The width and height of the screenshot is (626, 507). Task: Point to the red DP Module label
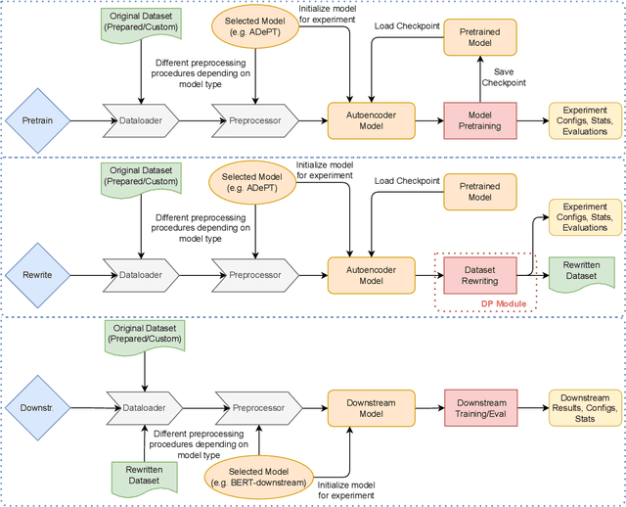coord(504,304)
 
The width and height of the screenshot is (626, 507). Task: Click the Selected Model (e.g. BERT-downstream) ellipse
coord(258,479)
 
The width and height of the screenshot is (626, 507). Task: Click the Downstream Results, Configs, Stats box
coord(584,405)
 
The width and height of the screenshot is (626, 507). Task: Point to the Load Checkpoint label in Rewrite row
coord(406,180)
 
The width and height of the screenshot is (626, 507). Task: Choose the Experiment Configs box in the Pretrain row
coord(584,120)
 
